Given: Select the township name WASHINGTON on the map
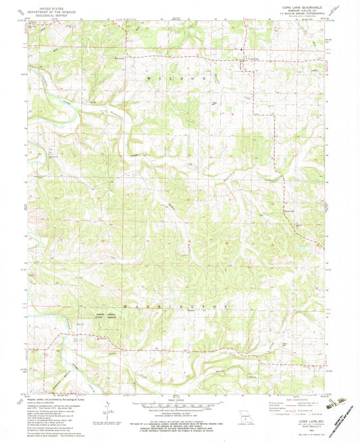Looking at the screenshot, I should [173, 306].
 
